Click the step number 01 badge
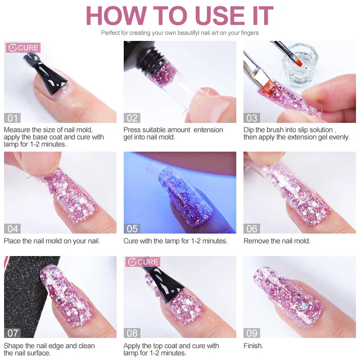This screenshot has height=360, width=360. pyautogui.click(x=12, y=118)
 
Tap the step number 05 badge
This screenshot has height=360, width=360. pyautogui.click(x=132, y=229)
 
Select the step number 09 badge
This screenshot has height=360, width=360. pyautogui.click(x=252, y=333)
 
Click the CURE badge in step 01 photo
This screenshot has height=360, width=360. pyautogui.click(x=23, y=48)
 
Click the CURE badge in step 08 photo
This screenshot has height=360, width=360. pyautogui.click(x=143, y=262)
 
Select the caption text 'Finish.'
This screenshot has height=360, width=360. pyautogui.click(x=253, y=346)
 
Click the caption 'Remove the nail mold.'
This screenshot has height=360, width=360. pyautogui.click(x=277, y=241)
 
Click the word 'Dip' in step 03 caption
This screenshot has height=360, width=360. pyautogui.click(x=249, y=130)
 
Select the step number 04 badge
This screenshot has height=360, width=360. pyautogui.click(x=12, y=229)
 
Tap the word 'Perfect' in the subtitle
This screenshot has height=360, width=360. pyautogui.click(x=111, y=33)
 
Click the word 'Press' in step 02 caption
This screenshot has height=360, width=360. pyautogui.click(x=133, y=130)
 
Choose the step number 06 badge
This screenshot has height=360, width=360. pyautogui.click(x=252, y=229)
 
